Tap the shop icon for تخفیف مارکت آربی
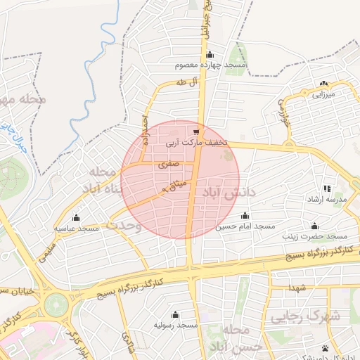pyautogui.click(x=196, y=131)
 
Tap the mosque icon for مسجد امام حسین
pyautogui.click(x=245, y=216)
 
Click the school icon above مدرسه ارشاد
pyautogui.click(x=327, y=188)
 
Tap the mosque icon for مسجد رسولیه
pyautogui.click(x=175, y=314)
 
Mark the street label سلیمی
pyautogui.click(x=44, y=250)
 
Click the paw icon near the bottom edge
pyautogui.click(x=325, y=348)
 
